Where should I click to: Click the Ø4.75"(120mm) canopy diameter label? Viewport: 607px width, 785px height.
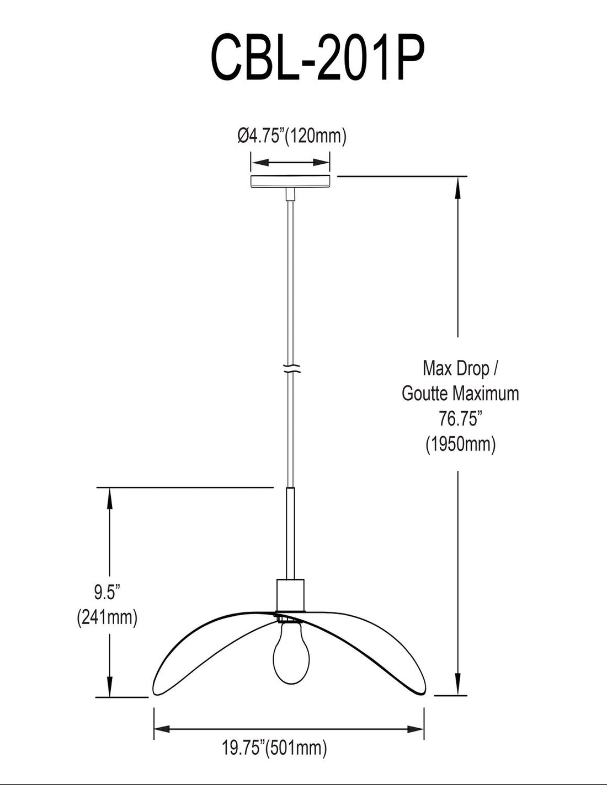click(x=291, y=136)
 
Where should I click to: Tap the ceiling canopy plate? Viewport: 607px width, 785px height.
click(x=290, y=181)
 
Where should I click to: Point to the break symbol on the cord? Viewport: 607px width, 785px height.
click(x=290, y=368)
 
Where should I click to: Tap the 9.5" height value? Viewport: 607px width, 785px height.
click(x=107, y=593)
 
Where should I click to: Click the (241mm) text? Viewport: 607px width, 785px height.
click(x=107, y=617)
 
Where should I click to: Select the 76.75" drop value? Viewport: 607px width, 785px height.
click(x=461, y=419)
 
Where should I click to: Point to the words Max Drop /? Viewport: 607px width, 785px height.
click(x=461, y=368)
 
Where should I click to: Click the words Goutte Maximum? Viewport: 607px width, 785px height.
click(x=461, y=394)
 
